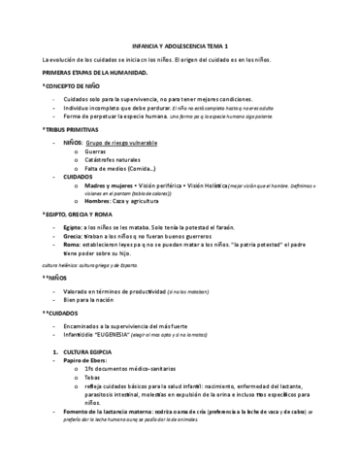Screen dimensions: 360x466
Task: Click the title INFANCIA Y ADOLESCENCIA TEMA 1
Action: [x=180, y=45]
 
